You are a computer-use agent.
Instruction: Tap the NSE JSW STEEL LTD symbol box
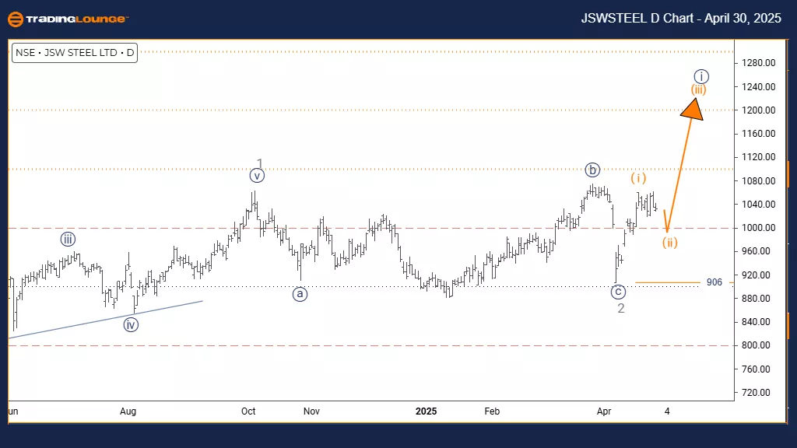(x=75, y=54)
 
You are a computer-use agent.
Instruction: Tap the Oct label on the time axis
(x=248, y=410)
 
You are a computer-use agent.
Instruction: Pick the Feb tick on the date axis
(x=491, y=410)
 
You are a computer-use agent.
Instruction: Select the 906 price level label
(x=714, y=282)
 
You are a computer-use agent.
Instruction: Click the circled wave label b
(x=593, y=170)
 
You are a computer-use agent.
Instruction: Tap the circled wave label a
(x=300, y=294)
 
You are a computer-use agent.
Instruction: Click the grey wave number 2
(x=621, y=309)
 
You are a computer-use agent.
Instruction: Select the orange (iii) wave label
(x=699, y=89)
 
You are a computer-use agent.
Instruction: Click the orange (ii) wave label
(x=670, y=243)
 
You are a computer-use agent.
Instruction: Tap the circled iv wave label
(x=131, y=324)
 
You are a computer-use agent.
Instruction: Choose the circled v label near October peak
(x=258, y=176)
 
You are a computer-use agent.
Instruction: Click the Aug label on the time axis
(x=128, y=410)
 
